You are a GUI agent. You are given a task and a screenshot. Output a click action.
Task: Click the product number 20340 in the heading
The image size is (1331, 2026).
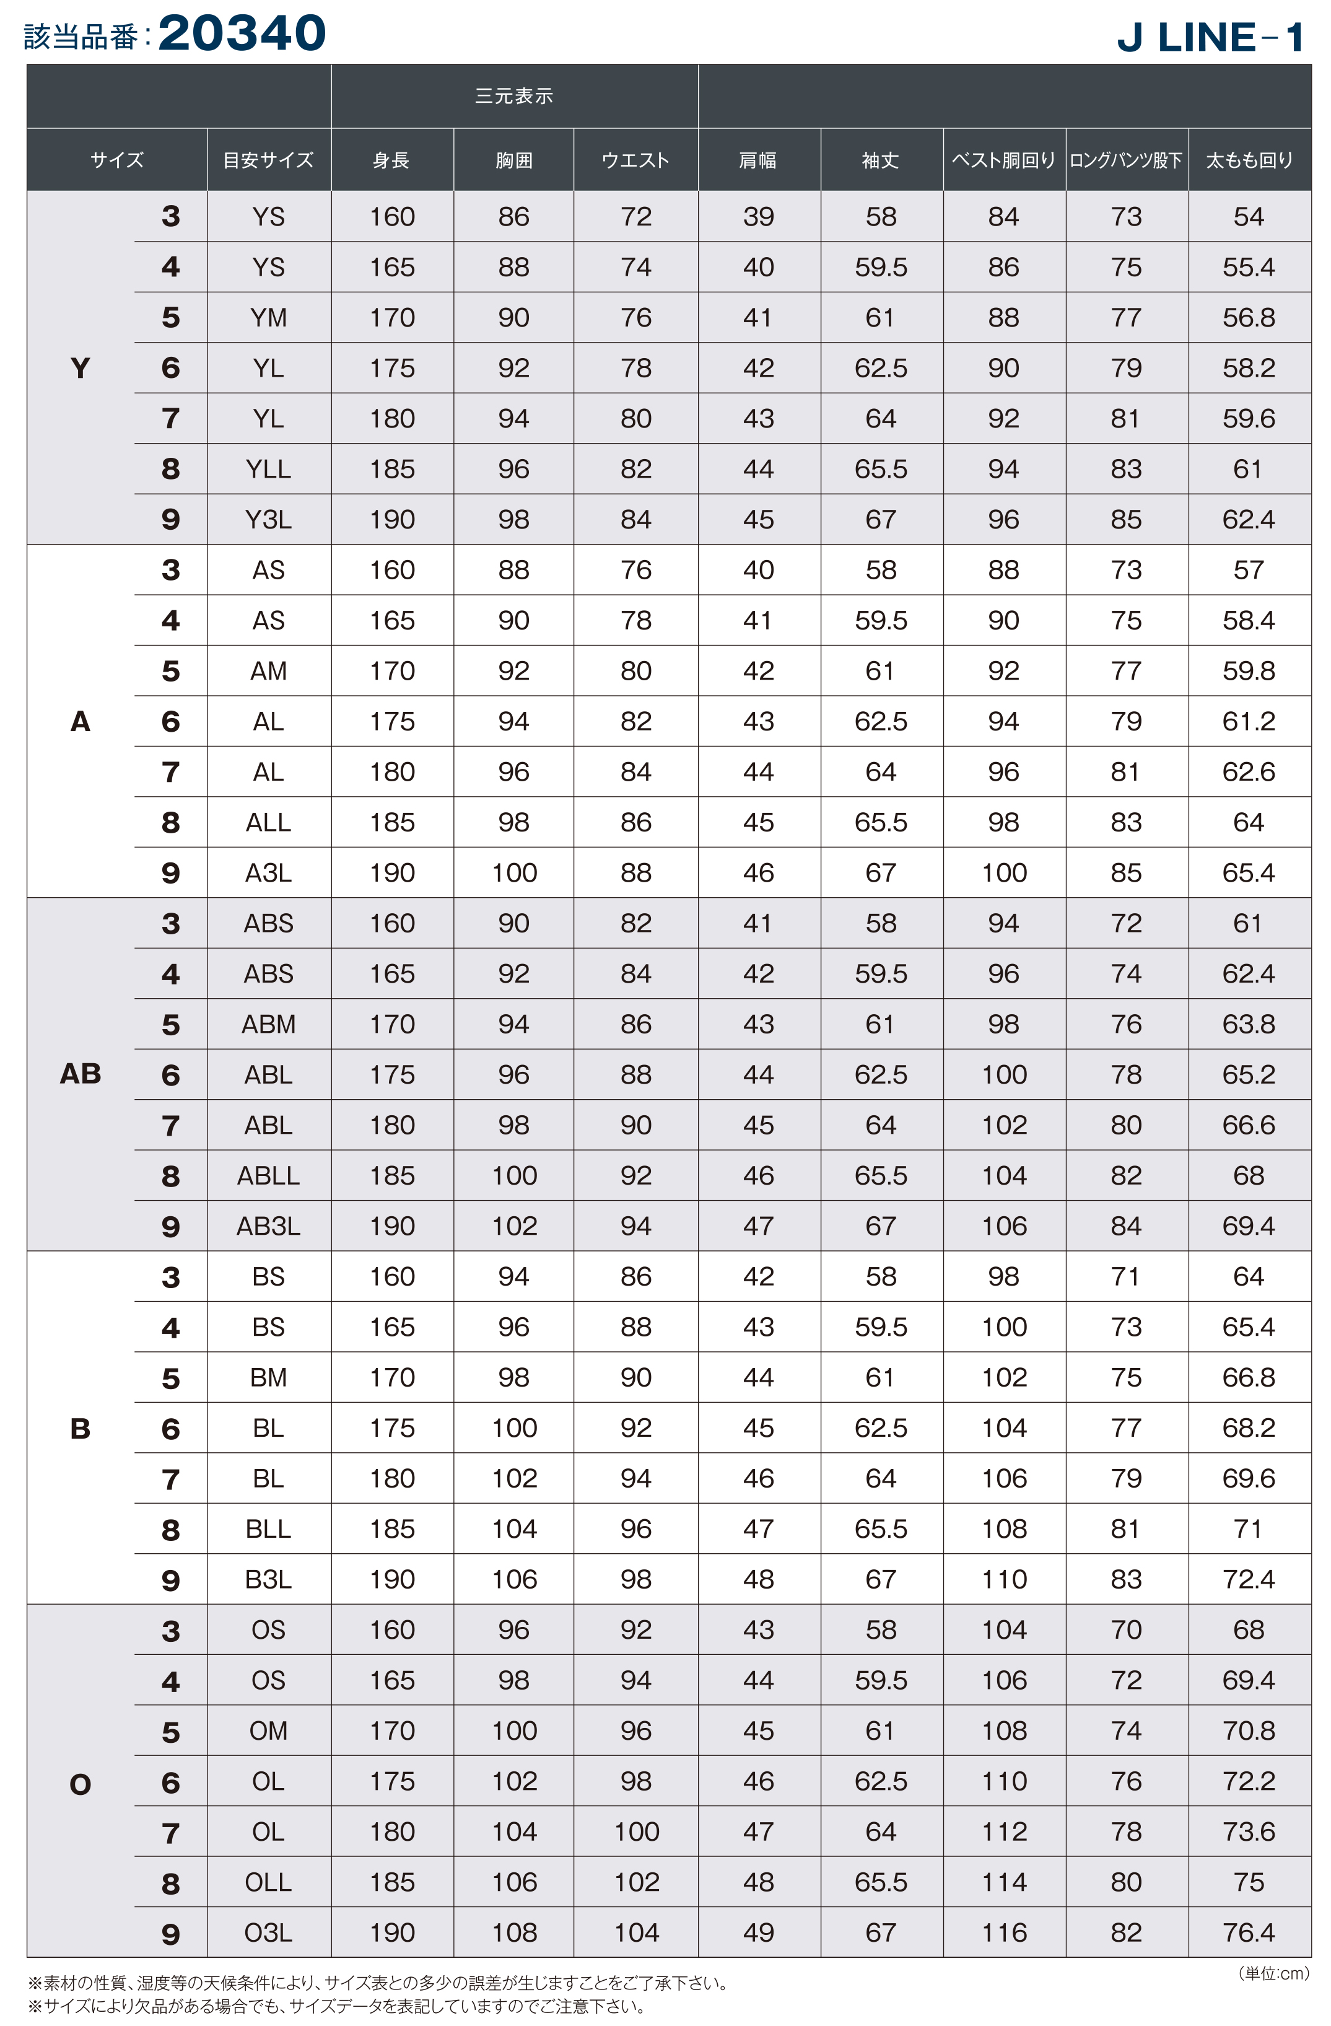[x=242, y=34]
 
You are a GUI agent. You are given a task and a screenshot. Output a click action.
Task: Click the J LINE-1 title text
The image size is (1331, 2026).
[x=1210, y=37]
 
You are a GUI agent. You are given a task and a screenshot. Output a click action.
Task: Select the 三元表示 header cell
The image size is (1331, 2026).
[x=514, y=96]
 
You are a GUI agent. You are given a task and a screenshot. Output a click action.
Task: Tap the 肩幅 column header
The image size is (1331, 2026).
[x=757, y=160]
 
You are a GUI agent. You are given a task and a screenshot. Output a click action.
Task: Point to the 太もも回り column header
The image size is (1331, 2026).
[x=1249, y=160]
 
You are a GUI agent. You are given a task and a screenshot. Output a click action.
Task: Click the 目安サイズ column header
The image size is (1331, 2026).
[x=268, y=160]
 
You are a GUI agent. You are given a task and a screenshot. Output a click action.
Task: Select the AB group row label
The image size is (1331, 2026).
[x=80, y=1074]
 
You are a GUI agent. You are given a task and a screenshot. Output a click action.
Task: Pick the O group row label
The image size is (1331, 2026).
[x=80, y=1784]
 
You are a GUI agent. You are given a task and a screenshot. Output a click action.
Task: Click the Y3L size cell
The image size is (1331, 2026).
[x=268, y=519]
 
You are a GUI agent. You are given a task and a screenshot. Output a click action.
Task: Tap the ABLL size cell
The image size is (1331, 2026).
[x=268, y=1175]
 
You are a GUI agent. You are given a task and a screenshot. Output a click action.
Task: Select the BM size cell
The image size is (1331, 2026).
[x=268, y=1377]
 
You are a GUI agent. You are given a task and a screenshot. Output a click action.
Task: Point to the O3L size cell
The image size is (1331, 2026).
[x=268, y=1932]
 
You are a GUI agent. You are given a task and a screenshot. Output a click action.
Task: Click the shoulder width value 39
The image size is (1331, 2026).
[x=757, y=216]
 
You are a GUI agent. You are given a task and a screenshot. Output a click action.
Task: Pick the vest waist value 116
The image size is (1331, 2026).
[x=1004, y=1932]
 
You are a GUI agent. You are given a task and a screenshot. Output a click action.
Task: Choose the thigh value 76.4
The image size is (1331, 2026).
[x=1249, y=1932]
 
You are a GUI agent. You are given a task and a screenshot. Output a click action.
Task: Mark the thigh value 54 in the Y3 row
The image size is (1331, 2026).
[x=1249, y=216]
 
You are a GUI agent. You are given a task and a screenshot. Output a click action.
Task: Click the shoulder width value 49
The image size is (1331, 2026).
[x=757, y=1932]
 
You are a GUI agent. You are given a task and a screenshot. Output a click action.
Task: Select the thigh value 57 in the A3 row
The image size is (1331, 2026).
[x=1249, y=569]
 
